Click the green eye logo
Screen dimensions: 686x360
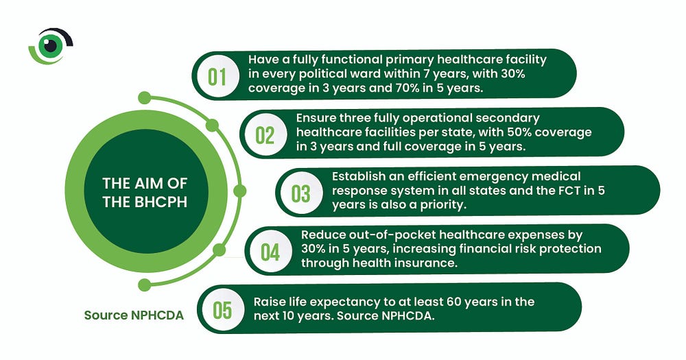pyautogui.click(x=50, y=46)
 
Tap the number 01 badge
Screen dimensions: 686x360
pyautogui.click(x=217, y=76)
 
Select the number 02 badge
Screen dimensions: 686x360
pyautogui.click(x=265, y=134)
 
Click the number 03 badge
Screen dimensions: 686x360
pyautogui.click(x=301, y=193)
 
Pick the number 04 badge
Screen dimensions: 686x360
pyautogui.click(x=270, y=252)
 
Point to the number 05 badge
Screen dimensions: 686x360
pyautogui.click(x=222, y=310)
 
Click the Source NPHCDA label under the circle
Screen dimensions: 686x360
pyautogui.click(x=134, y=315)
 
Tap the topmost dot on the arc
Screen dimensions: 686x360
pyautogui.click(x=144, y=97)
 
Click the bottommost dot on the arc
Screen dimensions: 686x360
pyautogui.click(x=144, y=285)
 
